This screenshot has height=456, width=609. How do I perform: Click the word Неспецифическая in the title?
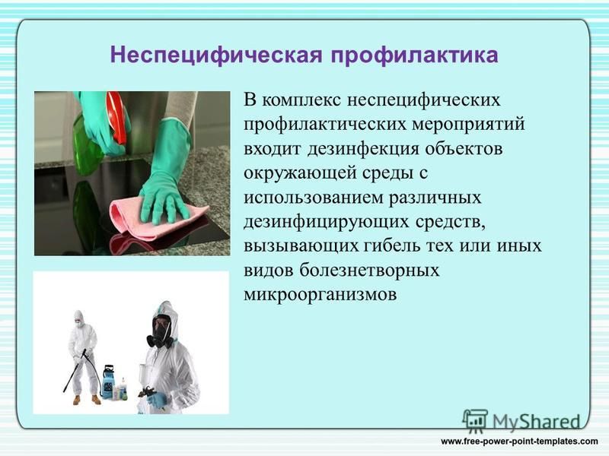(x=216, y=55)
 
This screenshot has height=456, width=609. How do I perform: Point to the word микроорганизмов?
(x=320, y=294)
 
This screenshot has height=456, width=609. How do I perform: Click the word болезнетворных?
(x=369, y=270)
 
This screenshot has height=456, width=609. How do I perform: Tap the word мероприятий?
(x=468, y=125)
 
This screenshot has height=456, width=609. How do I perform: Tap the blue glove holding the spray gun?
(x=158, y=400)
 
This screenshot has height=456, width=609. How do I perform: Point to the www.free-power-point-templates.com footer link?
(x=519, y=442)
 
